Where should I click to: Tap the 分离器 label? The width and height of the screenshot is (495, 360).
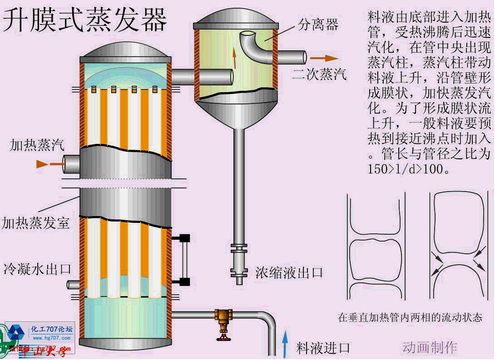pos(318,24)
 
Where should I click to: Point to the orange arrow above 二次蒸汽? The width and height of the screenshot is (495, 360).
pos(325,58)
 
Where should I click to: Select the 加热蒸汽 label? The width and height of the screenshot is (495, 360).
pos(37,145)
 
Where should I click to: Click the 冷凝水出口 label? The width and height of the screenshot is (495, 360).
pos(37,269)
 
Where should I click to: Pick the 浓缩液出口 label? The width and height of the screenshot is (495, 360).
pos(289,272)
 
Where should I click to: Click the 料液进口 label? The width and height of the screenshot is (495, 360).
pos(323,348)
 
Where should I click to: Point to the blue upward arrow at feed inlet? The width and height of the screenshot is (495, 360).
pos(285,344)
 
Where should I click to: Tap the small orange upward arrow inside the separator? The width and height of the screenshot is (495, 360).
pos(235,56)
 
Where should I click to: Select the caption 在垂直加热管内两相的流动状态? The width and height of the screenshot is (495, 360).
pos(410,317)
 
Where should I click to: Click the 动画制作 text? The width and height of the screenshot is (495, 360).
pos(430,347)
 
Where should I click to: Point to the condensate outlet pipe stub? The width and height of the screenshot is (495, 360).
pos(73,285)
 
